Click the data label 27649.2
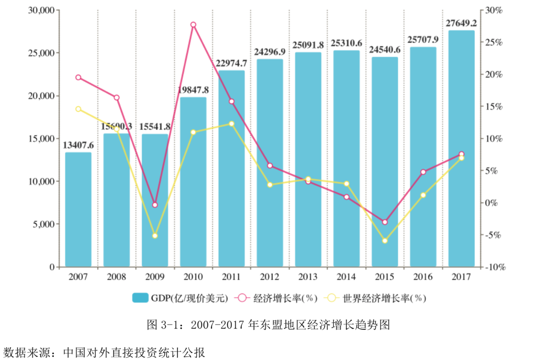(x=461, y=23)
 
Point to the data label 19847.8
(x=193, y=90)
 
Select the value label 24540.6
(x=385, y=50)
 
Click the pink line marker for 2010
(x=193, y=25)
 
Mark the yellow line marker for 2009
(x=155, y=236)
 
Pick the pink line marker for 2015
(x=385, y=222)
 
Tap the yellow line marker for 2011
(x=231, y=124)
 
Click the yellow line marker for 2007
(x=78, y=109)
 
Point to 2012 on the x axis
(x=270, y=277)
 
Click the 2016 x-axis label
(x=423, y=277)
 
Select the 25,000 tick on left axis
(x=41, y=53)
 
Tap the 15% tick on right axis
(x=493, y=107)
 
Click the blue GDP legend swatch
(x=140, y=298)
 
